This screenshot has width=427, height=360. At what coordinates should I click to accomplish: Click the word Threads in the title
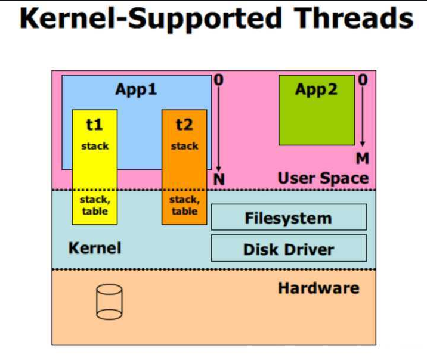(354, 19)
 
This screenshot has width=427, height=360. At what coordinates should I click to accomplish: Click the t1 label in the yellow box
(94, 125)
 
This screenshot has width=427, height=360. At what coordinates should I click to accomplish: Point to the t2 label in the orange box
(184, 125)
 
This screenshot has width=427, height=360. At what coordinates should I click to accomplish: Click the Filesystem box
(289, 218)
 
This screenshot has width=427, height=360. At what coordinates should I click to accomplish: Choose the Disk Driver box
(289, 249)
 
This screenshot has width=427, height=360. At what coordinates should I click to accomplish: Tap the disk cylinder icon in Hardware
(109, 303)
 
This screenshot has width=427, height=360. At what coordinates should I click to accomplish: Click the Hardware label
(318, 288)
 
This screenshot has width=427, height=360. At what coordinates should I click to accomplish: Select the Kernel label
(95, 247)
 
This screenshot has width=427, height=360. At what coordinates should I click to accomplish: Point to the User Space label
(323, 178)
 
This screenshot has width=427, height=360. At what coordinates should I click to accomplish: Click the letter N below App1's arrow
(219, 179)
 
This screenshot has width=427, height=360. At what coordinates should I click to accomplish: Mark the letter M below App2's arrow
(363, 159)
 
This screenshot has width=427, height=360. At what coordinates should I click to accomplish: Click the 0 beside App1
(219, 80)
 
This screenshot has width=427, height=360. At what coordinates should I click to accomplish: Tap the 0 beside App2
(363, 79)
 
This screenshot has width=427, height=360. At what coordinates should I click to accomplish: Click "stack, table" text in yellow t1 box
(94, 206)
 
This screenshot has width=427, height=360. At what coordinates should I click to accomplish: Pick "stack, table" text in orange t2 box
(184, 206)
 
